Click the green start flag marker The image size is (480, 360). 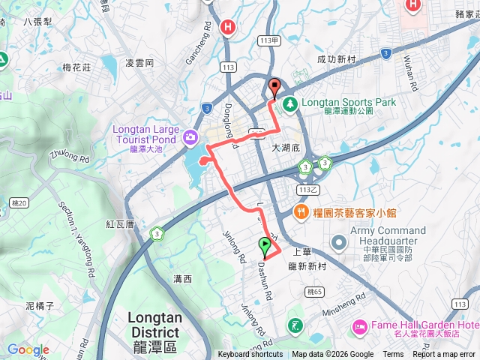click(265, 246)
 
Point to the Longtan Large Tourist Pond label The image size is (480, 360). click(145, 133)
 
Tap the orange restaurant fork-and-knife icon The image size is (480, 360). click(301, 212)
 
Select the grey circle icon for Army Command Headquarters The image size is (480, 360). click(339, 241)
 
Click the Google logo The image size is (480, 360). click(28, 349)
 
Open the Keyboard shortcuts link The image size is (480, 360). click(250, 355)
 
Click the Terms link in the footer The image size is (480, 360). click(393, 355)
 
